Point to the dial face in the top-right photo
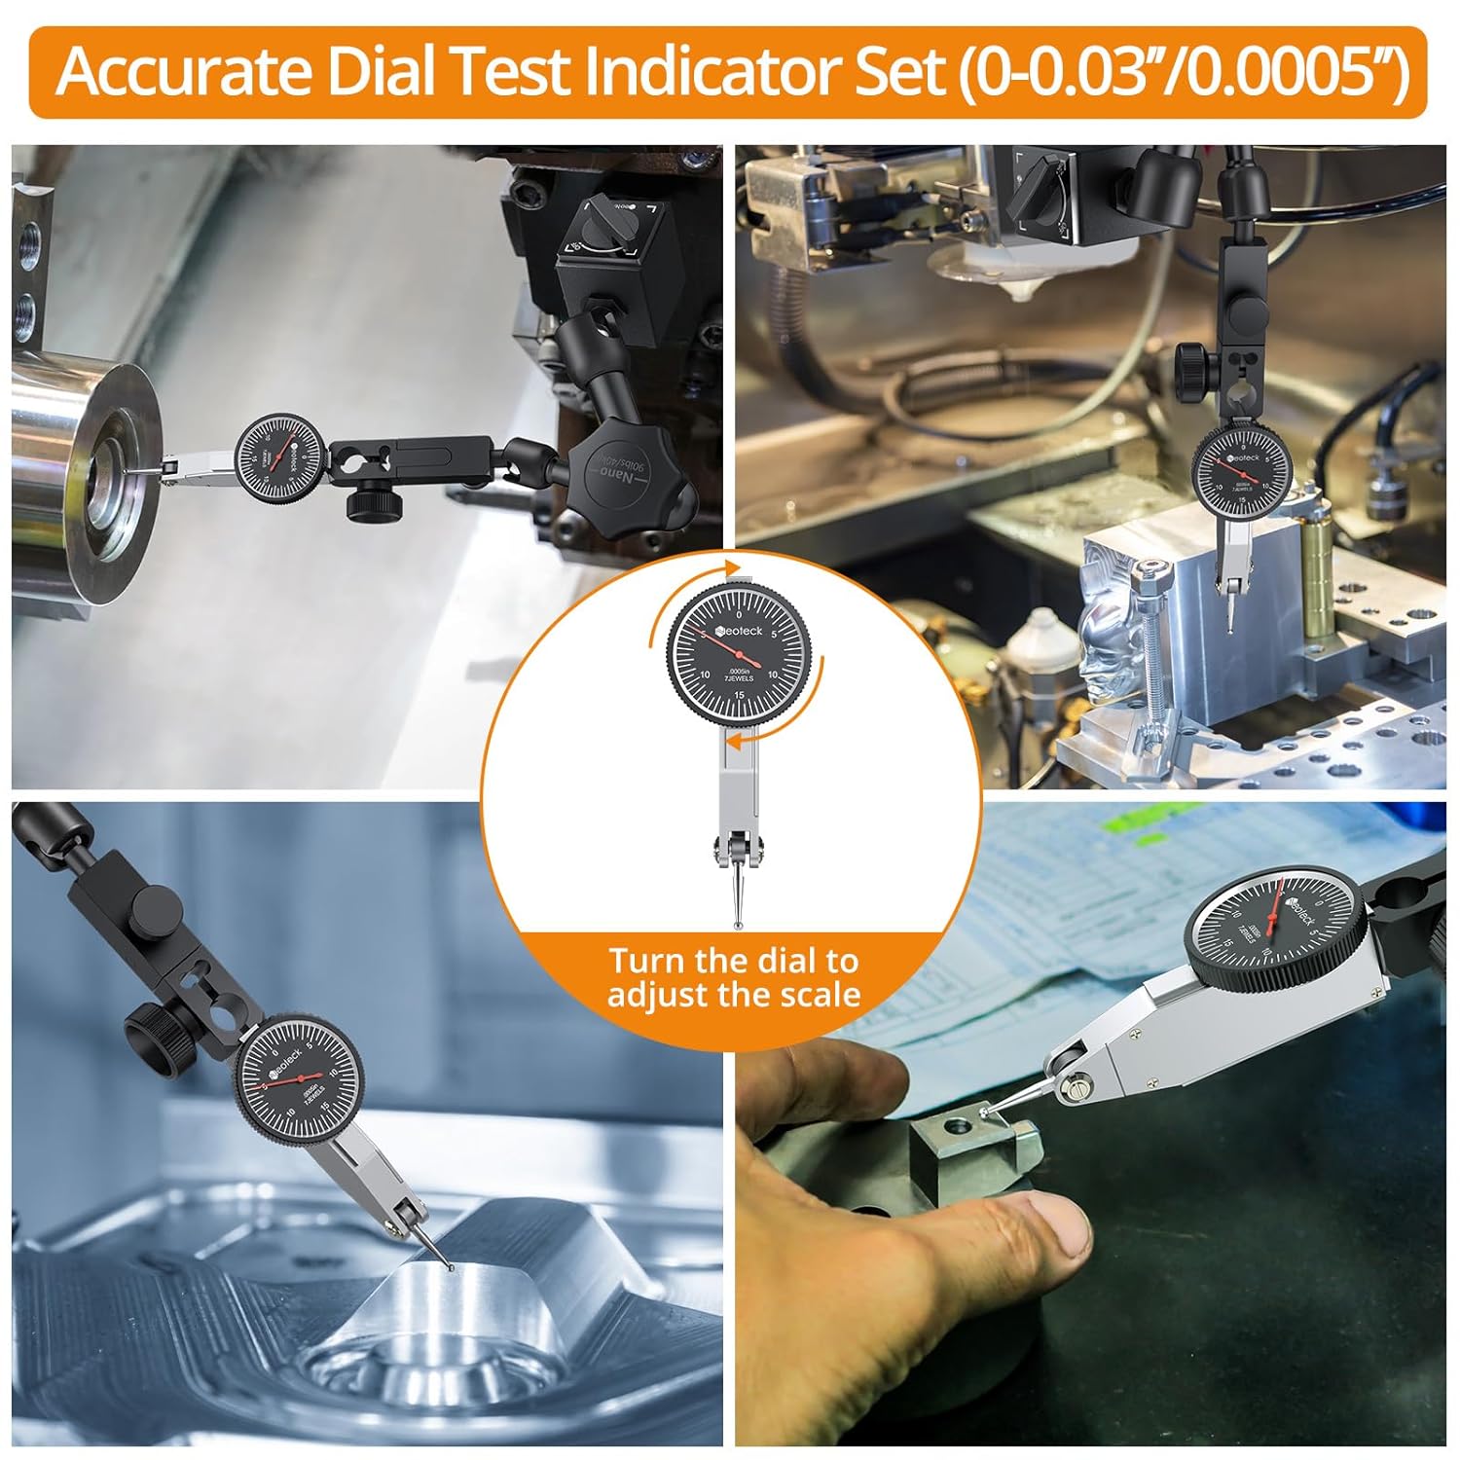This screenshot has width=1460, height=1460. [1240, 473]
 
